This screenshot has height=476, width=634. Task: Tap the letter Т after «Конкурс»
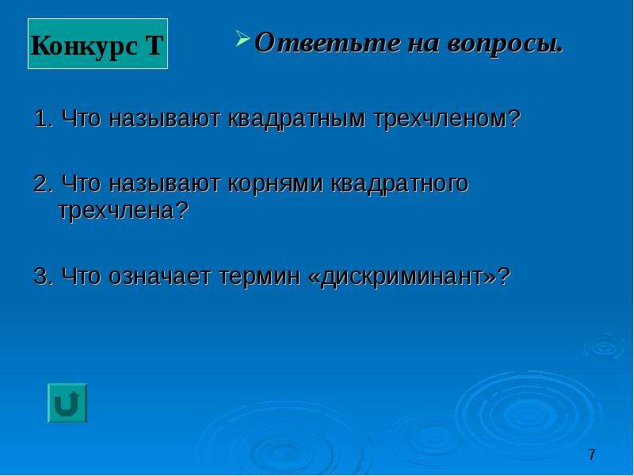point(154,45)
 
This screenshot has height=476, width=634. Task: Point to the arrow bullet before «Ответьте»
point(243,38)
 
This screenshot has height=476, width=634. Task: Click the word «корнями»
point(276,185)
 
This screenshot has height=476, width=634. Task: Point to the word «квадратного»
point(399,185)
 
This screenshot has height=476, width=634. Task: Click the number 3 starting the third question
point(42,277)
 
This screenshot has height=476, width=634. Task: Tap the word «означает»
point(159,278)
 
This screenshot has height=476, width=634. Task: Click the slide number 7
point(592,455)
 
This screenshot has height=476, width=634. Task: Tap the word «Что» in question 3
point(81,277)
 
